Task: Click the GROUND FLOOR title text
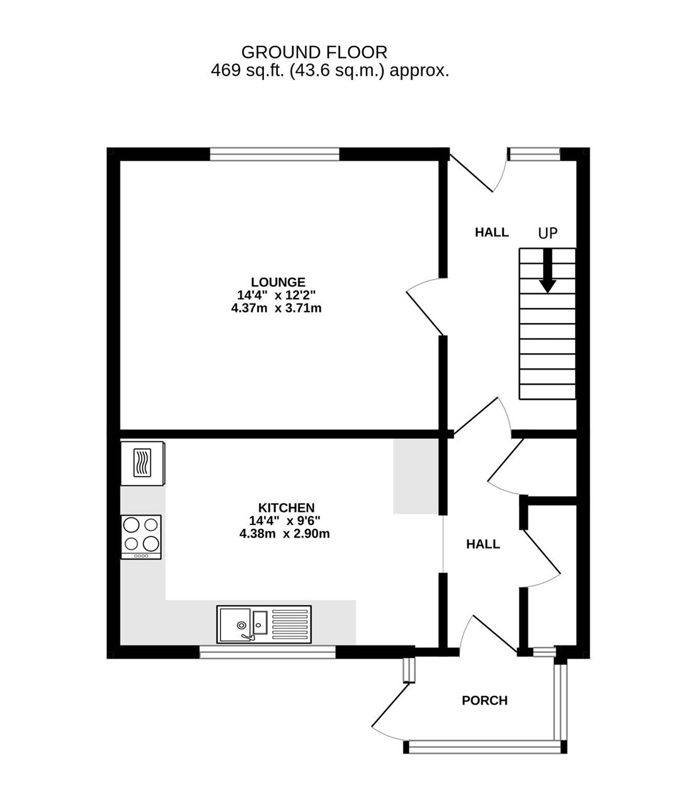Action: pos(314,52)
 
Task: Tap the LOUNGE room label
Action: pos(278,282)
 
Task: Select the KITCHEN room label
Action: pos(287,508)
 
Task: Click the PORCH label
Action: pos(484,700)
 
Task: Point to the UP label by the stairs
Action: pos(548,233)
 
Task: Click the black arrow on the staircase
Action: pos(548,271)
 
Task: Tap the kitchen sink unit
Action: pos(264,624)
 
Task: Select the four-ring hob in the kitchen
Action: pos(141,537)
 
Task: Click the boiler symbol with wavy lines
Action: pos(142,463)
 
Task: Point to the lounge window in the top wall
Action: pos(275,154)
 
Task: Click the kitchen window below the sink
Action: pos(268,652)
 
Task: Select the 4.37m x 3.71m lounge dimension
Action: pos(277,308)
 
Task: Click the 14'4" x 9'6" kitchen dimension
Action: pos(285,521)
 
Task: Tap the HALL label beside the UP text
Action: pos(492,232)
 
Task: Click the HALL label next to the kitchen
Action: pos(483,544)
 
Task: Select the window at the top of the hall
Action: pos(534,154)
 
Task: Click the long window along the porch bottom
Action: pos(484,747)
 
